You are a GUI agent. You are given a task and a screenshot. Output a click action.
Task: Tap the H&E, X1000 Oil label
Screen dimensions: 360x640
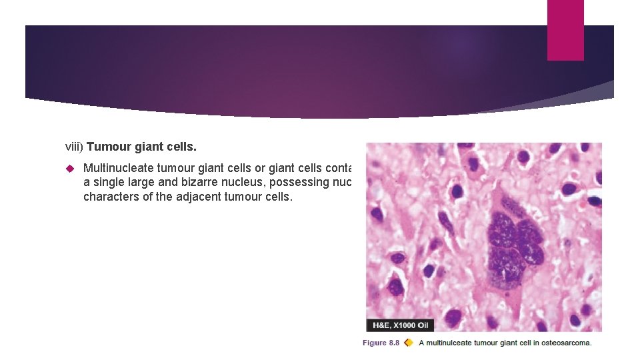pos(400,325)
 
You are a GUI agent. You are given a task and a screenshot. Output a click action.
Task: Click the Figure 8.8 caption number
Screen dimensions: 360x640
pos(381,343)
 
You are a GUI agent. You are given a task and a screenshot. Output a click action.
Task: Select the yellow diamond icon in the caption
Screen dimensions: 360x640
pos(408,343)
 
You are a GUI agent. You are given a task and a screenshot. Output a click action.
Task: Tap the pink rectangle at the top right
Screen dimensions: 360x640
pos(565,30)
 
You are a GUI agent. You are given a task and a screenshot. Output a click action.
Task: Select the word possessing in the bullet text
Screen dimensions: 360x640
pos(297,183)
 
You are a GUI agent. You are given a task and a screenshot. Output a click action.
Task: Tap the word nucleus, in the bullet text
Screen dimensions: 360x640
pos(241,183)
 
